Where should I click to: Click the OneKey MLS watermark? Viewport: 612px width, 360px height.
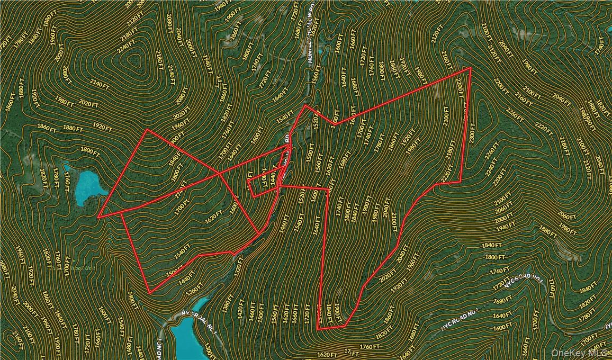point(578,353)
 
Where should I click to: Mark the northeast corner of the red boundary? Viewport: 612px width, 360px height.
point(471,68)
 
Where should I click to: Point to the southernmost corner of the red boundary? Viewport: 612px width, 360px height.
point(318,329)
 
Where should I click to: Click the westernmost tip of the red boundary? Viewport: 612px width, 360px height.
point(98,217)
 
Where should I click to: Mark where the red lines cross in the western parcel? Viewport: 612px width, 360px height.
point(219,173)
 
